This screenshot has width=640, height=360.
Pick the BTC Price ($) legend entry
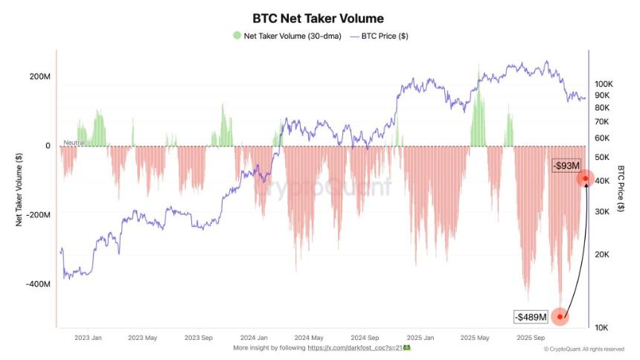click(x=383, y=36)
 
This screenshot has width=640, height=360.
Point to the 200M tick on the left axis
click(x=39, y=77)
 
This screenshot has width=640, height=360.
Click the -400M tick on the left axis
click(x=37, y=284)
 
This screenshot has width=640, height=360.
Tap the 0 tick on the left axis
click(x=48, y=146)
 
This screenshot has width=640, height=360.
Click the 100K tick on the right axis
click(x=603, y=84)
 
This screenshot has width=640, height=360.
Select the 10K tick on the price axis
click(x=601, y=327)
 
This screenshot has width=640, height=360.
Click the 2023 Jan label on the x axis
click(x=88, y=337)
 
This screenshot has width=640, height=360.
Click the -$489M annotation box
click(x=530, y=317)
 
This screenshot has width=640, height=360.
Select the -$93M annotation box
click(x=566, y=165)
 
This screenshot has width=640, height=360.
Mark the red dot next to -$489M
click(x=560, y=316)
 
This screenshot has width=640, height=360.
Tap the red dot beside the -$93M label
click(x=586, y=179)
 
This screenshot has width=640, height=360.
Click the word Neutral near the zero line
click(x=74, y=142)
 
